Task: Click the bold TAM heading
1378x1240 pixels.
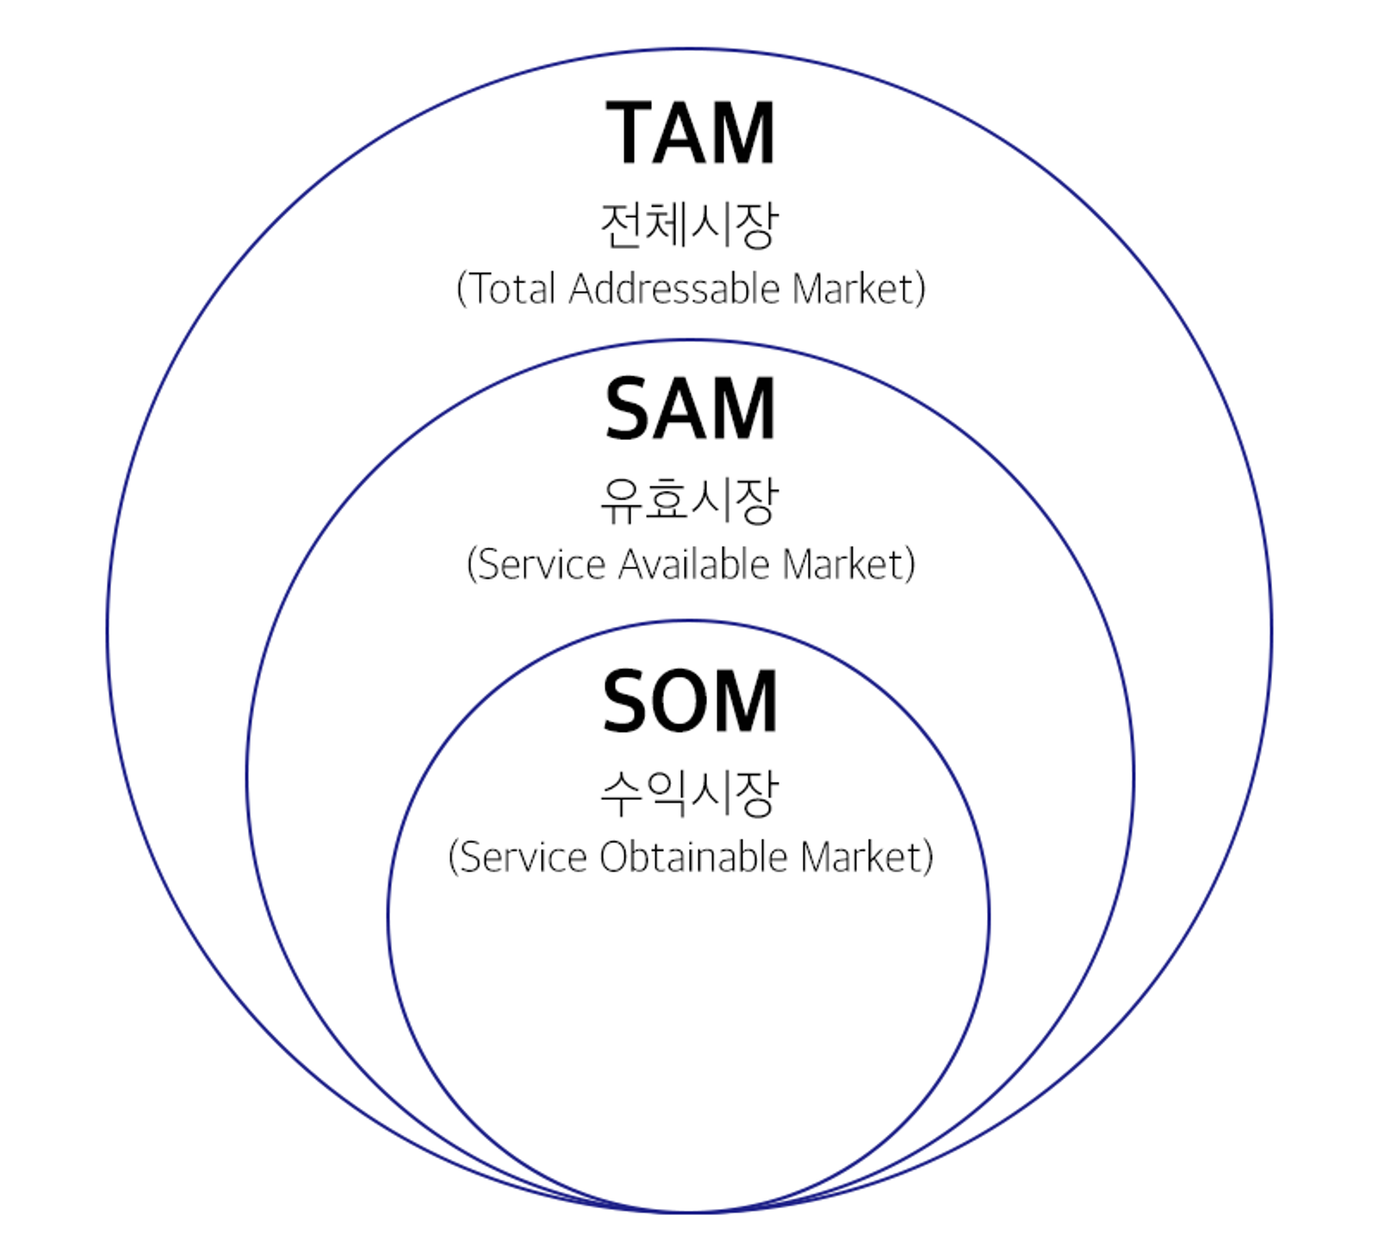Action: tap(690, 133)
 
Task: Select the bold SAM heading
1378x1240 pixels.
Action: tap(690, 409)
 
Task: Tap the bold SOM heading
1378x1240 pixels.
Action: tap(690, 702)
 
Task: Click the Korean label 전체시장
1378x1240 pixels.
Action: tap(690, 226)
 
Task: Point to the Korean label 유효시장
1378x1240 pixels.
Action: tap(690, 500)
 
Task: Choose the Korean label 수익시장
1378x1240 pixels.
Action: tap(690, 793)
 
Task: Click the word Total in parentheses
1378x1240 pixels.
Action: tap(512, 289)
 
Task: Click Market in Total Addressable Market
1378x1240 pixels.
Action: tap(856, 289)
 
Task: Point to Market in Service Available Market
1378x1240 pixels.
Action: tap(846, 565)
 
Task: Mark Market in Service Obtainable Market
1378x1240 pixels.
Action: tap(863, 858)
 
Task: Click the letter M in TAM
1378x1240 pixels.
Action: tap(744, 133)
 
